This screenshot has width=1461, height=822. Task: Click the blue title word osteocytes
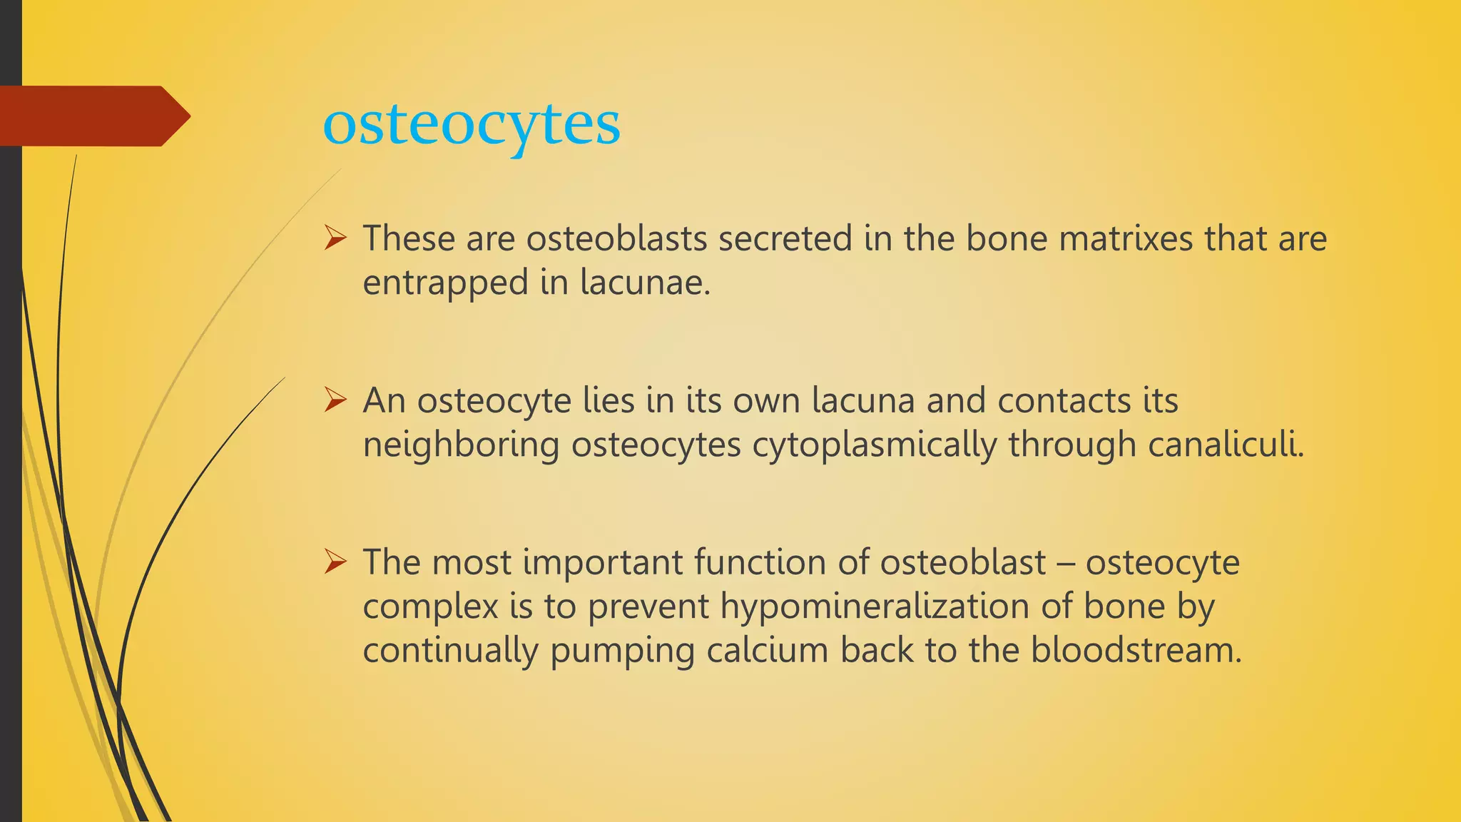pyautogui.click(x=472, y=126)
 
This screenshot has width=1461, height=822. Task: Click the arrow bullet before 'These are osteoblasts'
pyautogui.click(x=335, y=238)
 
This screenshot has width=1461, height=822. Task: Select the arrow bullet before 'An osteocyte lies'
pyautogui.click(x=335, y=400)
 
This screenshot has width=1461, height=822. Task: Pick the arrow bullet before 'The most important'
pyautogui.click(x=335, y=562)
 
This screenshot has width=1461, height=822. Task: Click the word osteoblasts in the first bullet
pyautogui.click(x=617, y=238)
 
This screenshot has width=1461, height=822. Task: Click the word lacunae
pyautogui.click(x=645, y=283)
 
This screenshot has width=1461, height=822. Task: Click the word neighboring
pyautogui.click(x=461, y=445)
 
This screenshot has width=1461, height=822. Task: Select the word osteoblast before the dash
pyautogui.click(x=962, y=562)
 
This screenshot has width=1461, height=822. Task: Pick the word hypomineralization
pyautogui.click(x=874, y=607)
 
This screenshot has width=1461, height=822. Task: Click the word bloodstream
pyautogui.click(x=1136, y=651)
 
